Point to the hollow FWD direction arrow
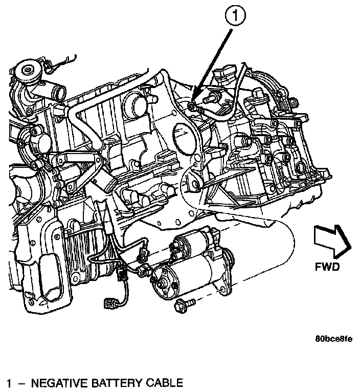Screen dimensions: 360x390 coord(332,242)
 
